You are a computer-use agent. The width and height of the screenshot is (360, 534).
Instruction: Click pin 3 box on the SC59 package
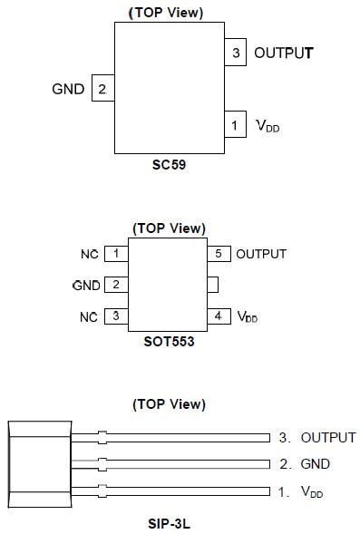[x=236, y=53]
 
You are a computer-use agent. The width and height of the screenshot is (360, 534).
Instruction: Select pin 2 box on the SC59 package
[x=102, y=89]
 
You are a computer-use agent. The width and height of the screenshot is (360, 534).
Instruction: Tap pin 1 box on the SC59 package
[x=236, y=125]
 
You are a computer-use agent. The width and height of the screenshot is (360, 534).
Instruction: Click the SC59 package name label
[x=169, y=167]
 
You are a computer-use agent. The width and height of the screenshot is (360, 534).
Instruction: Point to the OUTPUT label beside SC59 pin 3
[x=283, y=53]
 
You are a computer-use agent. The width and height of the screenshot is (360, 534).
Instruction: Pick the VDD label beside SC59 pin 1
[x=267, y=126]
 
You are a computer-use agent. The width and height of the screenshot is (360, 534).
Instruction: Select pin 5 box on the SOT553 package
[x=218, y=254]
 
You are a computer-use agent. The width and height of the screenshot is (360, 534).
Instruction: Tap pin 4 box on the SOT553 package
[x=218, y=316]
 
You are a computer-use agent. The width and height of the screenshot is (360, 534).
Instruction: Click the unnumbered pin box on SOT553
[x=212, y=285]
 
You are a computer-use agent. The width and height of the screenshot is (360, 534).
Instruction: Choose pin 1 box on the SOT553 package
[x=116, y=254]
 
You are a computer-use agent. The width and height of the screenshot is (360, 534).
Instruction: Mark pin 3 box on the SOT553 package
[x=116, y=316]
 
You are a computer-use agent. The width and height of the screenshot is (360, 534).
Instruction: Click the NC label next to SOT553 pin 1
[x=89, y=254]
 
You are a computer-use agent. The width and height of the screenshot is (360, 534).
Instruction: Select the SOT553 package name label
[x=169, y=344]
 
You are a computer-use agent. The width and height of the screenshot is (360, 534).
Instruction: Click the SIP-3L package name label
[x=169, y=521]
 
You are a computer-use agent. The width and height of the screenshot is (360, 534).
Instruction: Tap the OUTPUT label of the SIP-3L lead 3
[x=327, y=437]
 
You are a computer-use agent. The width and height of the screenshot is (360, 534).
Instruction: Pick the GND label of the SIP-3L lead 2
[x=315, y=464]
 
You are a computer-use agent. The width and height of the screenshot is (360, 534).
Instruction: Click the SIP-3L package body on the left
[x=38, y=463]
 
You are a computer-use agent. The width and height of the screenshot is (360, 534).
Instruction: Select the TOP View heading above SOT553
[x=169, y=228]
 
